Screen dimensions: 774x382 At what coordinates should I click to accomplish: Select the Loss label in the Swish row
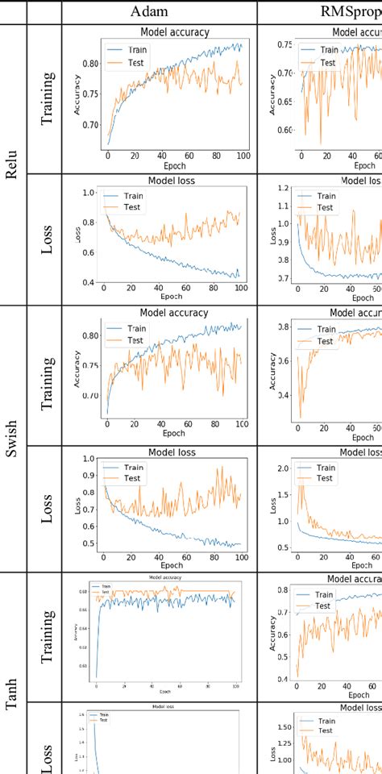[48, 504]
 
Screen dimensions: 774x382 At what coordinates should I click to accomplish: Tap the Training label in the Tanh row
[48, 637]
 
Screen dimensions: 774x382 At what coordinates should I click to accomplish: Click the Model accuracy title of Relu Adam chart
[174, 32]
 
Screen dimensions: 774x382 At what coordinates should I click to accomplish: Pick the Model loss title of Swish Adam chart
[174, 453]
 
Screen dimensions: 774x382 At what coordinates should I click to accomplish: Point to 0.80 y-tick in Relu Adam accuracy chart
[90, 64]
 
